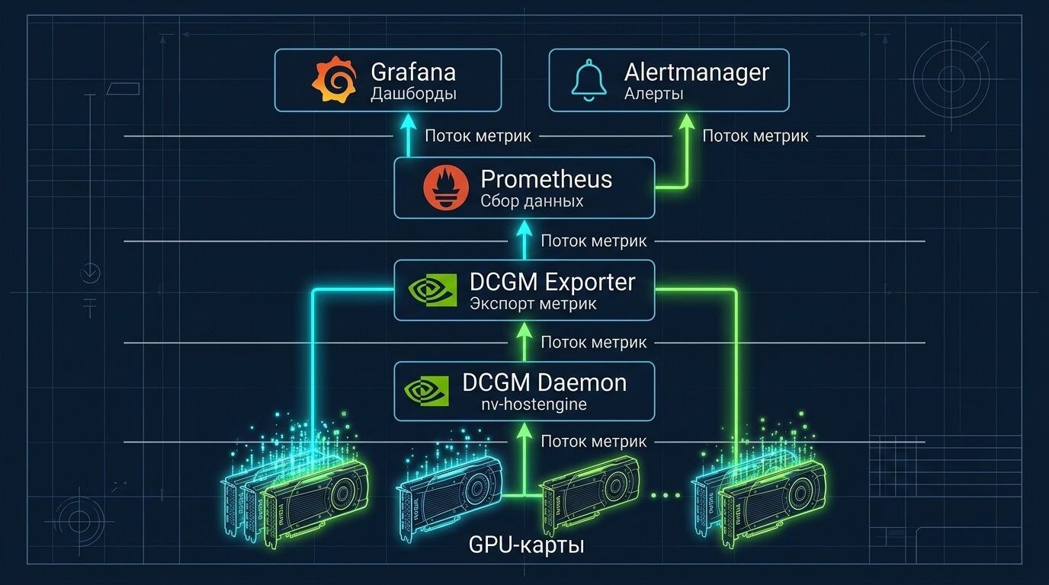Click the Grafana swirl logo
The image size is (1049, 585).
[x=334, y=80]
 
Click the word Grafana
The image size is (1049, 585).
[x=413, y=72]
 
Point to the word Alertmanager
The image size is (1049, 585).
[x=696, y=72]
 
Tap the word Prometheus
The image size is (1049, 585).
[x=546, y=179]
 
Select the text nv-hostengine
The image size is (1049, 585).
[x=533, y=404]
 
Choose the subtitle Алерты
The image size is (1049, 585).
[x=653, y=94]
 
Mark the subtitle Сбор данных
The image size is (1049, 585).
[x=532, y=202]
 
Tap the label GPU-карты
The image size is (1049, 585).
[x=527, y=545]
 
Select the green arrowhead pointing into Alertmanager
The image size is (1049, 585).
[x=687, y=121]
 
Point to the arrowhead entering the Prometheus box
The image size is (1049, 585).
[x=524, y=227]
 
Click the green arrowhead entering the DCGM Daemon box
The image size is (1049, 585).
[x=524, y=430]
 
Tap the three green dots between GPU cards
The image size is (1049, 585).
[x=666, y=496]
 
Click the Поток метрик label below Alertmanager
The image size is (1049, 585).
[x=755, y=136]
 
